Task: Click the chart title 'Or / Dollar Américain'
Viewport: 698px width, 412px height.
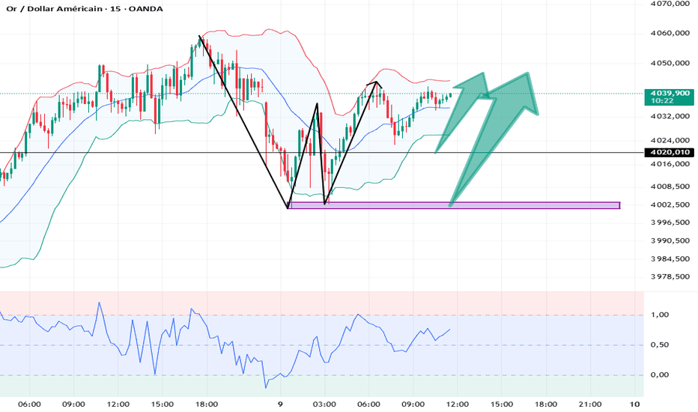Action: tap(54, 9)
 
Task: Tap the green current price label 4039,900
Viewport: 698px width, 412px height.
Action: tap(670, 93)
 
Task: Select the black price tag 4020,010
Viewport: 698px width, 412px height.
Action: tap(670, 152)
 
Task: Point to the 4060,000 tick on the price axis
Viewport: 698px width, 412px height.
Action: tap(670, 34)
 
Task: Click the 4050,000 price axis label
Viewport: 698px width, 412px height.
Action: tap(670, 63)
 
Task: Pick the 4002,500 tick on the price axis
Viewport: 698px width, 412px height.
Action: tap(670, 205)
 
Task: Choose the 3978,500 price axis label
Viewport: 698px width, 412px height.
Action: tap(670, 276)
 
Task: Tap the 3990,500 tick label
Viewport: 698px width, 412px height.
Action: tap(670, 240)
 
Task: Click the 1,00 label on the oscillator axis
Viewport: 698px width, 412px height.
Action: tap(660, 315)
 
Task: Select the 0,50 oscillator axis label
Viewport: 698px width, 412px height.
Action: tap(660, 345)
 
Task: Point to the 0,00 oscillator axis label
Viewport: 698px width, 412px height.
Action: tap(660, 375)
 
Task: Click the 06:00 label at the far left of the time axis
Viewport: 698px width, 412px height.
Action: tap(30, 405)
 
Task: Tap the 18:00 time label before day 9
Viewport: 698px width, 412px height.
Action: tap(207, 405)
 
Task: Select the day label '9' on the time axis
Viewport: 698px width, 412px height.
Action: tap(280, 405)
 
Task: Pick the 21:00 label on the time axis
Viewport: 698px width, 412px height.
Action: tap(590, 405)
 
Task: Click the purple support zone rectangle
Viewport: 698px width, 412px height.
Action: tap(454, 205)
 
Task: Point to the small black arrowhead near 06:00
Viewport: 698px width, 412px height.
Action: tap(376, 83)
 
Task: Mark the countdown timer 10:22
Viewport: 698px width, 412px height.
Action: tap(661, 101)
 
